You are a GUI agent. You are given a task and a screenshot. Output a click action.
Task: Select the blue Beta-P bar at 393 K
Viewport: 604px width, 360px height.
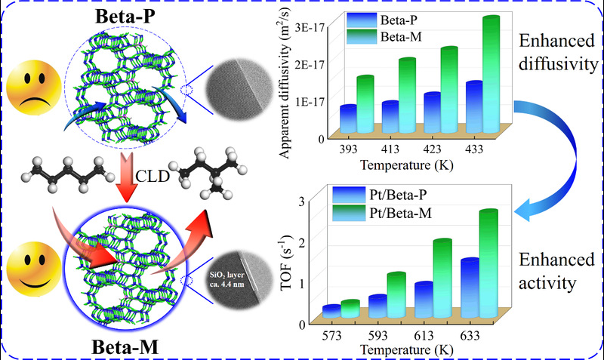click(x=349, y=119)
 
